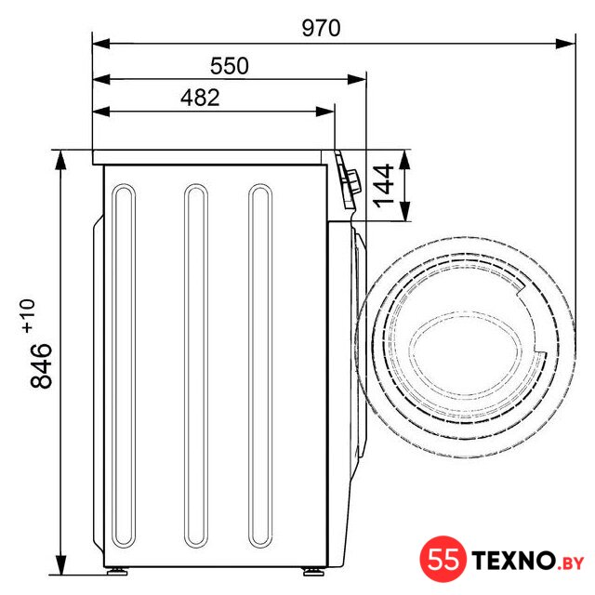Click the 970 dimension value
(321, 28)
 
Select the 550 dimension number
(230, 66)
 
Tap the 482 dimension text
(200, 98)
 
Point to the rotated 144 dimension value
(384, 186)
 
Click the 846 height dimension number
(41, 365)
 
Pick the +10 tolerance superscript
(28, 316)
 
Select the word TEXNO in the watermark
(514, 560)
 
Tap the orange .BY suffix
(570, 563)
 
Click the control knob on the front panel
(352, 182)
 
